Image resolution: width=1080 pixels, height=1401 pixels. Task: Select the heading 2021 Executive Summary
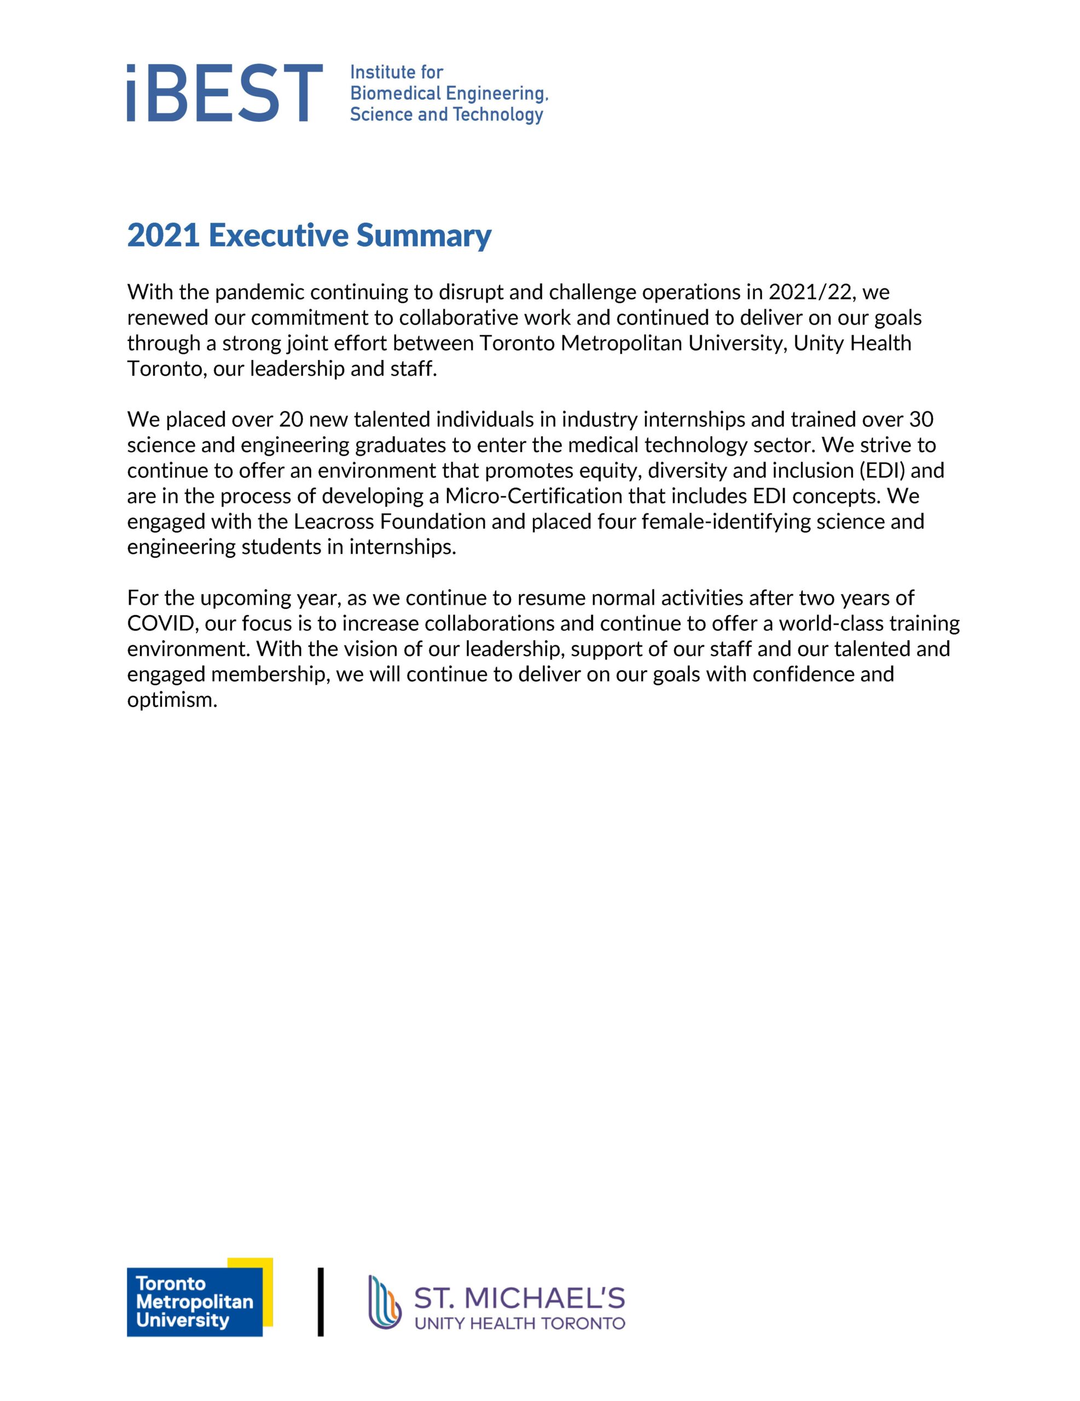tap(309, 235)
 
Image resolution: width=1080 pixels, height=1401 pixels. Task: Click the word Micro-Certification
tap(533, 496)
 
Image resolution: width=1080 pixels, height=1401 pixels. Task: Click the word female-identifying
tap(726, 522)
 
